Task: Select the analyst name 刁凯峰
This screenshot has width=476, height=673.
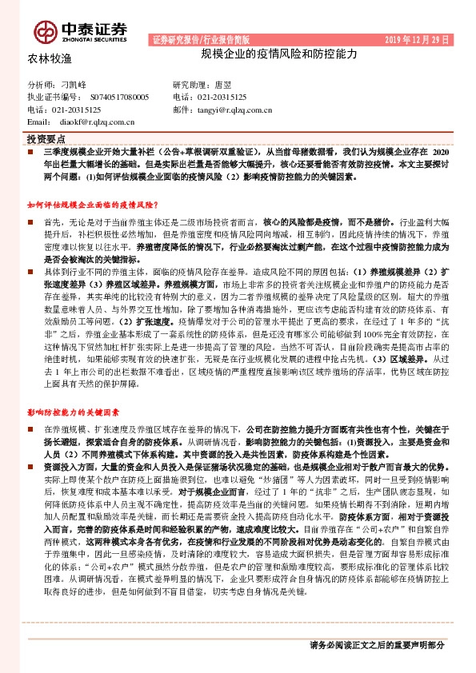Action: [74, 84]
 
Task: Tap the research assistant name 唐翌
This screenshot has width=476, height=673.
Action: [223, 84]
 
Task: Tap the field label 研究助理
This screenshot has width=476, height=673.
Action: [189, 84]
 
